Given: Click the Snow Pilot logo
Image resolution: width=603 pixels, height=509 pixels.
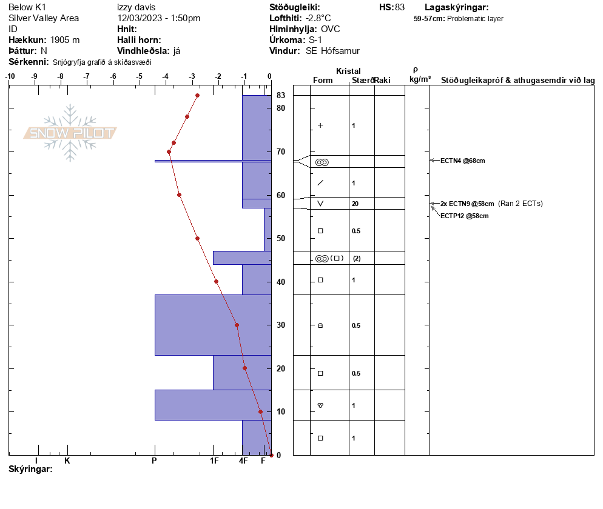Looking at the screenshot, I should coord(70,133).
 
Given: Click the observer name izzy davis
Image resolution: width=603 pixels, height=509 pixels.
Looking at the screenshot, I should coord(136,7).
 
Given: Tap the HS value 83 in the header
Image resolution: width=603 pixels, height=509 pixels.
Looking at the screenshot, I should coord(399,7).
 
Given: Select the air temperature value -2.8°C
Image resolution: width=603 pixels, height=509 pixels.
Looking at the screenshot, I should coord(318,18).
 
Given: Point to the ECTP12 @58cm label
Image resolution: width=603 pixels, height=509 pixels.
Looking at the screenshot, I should coord(464,216).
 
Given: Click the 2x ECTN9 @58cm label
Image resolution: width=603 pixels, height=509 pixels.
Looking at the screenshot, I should coord(467,204).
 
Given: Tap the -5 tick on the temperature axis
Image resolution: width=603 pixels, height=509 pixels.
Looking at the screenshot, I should coord(140,76).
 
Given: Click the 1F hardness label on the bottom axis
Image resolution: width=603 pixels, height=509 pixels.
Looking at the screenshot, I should coord(214,461).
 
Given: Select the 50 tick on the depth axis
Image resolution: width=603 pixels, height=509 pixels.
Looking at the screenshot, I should coord(281,239).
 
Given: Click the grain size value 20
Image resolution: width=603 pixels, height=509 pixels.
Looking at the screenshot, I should coord(355,204).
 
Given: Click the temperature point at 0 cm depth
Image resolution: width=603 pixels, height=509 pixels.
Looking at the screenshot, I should coord(271,455).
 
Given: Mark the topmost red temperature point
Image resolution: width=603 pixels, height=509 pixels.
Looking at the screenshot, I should coord(197,95).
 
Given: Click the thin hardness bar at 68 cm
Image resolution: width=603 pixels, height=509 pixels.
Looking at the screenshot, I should coord(212,161).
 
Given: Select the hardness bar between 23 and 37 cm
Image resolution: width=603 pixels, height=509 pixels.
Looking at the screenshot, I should coord(212,325).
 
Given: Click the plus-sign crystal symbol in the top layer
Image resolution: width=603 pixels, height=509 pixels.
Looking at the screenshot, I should coord(320,125).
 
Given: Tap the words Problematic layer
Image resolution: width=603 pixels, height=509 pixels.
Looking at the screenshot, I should coord(475,19).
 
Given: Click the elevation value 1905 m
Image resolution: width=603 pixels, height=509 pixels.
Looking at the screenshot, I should coord(65,40).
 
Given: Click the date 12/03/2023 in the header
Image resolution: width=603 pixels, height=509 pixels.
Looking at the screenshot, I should coord(140,18).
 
